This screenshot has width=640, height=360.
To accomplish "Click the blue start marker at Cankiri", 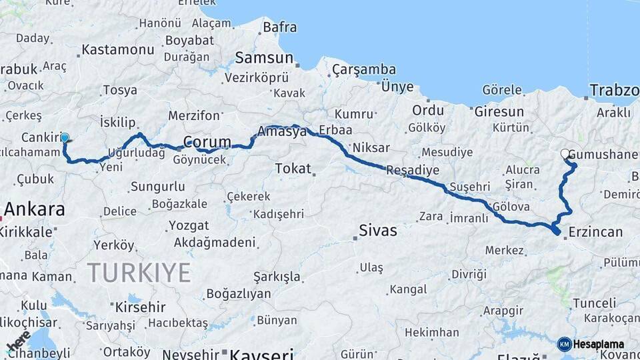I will click(65, 139).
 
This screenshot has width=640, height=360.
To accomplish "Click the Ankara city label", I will click(35, 209).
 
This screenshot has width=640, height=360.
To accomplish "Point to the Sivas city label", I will click(377, 231).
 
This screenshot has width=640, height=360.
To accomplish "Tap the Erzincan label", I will click(596, 233).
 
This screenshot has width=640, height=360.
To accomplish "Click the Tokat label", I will click(293, 169).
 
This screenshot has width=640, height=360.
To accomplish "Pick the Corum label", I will click(207, 142).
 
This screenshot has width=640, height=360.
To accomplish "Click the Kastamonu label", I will click(117, 50).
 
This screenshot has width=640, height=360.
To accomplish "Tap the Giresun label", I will click(499, 111).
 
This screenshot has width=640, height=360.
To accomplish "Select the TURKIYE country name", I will click(139, 273).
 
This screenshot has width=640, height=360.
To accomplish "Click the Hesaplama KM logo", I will click(591, 344).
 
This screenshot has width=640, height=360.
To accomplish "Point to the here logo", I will click(18, 341).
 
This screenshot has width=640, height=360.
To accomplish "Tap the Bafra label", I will click(279, 28).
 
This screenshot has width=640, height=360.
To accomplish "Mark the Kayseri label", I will click(261, 353).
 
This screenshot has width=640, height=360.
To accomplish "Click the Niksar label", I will click(371, 147).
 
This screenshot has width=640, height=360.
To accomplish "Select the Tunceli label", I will click(593, 303).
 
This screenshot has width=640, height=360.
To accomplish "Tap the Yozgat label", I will click(189, 225).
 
